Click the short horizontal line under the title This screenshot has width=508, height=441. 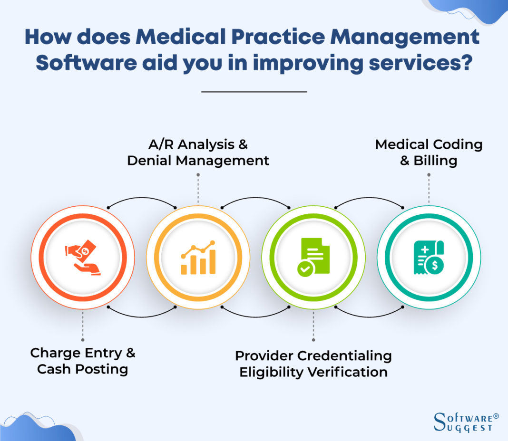click(x=254, y=91)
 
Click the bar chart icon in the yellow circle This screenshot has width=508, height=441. click(x=198, y=258)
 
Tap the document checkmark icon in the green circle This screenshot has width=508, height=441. click(x=313, y=257)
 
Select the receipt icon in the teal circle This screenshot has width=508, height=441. click(x=428, y=257)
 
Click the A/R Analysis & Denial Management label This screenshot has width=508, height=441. click(x=198, y=152)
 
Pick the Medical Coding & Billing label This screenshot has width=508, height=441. click(x=429, y=152)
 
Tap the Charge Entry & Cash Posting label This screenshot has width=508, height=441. click(x=83, y=361)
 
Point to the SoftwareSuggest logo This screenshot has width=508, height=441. click(x=466, y=422)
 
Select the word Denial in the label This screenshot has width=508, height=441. click(x=149, y=161)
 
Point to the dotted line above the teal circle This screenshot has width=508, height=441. click(x=429, y=189)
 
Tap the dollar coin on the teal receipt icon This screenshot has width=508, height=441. click(x=434, y=267)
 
